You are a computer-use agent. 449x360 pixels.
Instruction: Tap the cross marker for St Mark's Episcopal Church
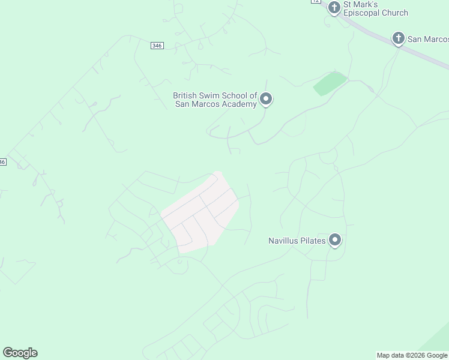pos(334,8)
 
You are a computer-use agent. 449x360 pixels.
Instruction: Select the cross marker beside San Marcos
pos(397,39)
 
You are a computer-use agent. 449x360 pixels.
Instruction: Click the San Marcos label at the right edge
pos(428,39)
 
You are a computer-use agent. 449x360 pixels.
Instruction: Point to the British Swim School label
pos(215,100)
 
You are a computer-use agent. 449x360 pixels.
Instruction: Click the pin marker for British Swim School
pos(266,99)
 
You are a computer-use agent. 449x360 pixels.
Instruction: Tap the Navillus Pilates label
pos(297,241)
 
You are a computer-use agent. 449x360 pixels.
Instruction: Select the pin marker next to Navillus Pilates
pos(335,241)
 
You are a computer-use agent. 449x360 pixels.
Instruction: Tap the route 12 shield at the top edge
pos(315,2)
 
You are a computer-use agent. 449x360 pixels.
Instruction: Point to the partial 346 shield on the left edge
pos(3,162)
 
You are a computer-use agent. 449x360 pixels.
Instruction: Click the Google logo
pos(20,353)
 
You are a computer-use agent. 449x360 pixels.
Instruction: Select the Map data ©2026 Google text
pos(412,355)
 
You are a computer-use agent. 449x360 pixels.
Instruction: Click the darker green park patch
pos(330,83)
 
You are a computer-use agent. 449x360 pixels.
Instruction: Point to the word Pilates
pos(313,241)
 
